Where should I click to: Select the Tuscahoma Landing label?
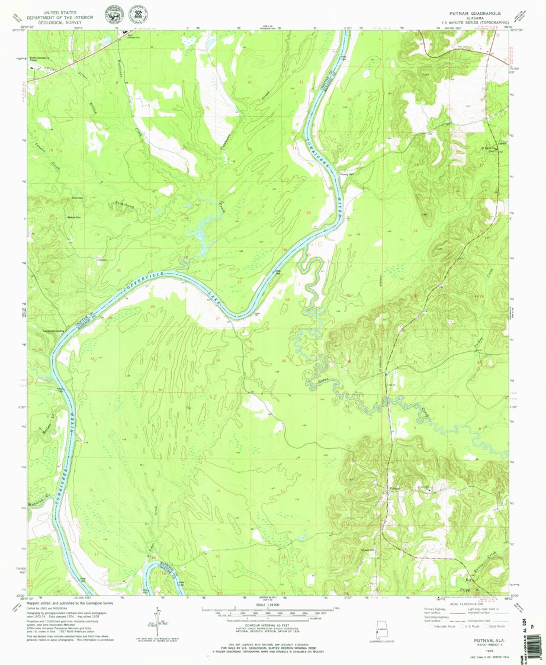point(52,330)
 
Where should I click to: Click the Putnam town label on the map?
point(396,488)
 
